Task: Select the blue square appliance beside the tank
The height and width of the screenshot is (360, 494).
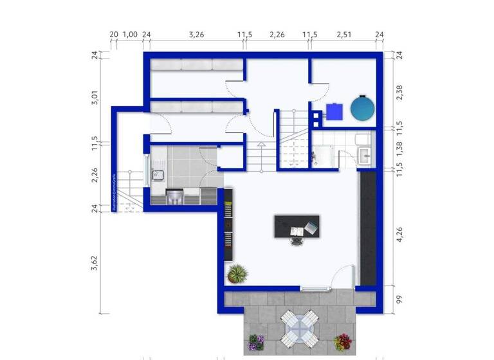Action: [x=334, y=112]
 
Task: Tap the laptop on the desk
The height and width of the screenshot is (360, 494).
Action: [x=311, y=227]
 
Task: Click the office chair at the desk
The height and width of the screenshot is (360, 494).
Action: [x=297, y=240]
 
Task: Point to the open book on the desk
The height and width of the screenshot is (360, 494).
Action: [x=297, y=230]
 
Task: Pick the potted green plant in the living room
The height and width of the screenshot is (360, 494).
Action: [x=237, y=274]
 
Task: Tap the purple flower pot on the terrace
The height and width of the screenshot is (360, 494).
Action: [x=257, y=343]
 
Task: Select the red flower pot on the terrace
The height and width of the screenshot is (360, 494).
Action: [x=343, y=341]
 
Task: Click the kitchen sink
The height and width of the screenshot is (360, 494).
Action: [x=158, y=175]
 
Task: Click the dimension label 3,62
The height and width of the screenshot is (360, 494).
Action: [x=95, y=262]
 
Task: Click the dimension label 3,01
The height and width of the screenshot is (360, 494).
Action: [x=95, y=98]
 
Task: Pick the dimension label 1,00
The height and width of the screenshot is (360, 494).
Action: [x=130, y=35]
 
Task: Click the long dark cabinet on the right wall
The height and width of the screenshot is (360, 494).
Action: [x=367, y=228]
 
